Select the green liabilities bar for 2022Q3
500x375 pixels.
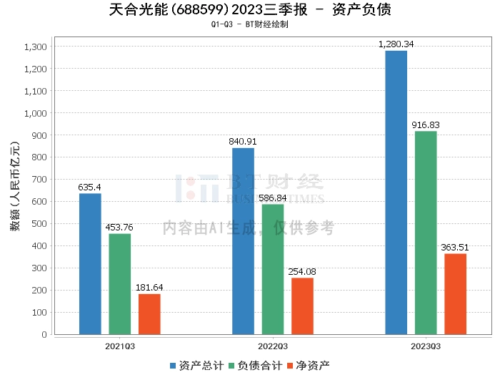pyautogui.click(x=273, y=269)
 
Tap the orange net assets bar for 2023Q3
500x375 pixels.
pyautogui.click(x=455, y=293)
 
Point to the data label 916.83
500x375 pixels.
pyautogui.click(x=426, y=125)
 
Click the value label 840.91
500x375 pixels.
pyautogui.click(x=243, y=142)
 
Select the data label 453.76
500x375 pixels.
pyautogui.click(x=119, y=228)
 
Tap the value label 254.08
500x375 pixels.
pyautogui.click(x=303, y=272)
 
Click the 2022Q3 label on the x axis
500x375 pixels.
pyautogui.click(x=273, y=345)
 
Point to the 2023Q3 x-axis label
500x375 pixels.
pyautogui.click(x=426, y=345)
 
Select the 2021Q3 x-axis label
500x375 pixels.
pyautogui.click(x=120, y=345)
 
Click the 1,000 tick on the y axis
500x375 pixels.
pyautogui.click(x=35, y=113)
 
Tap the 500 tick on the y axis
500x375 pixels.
pyautogui.click(x=39, y=224)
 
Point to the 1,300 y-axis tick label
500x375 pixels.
pyautogui.click(x=35, y=47)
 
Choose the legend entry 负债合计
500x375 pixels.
pyautogui.click(x=254, y=365)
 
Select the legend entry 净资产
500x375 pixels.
pyautogui.click(x=308, y=365)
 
